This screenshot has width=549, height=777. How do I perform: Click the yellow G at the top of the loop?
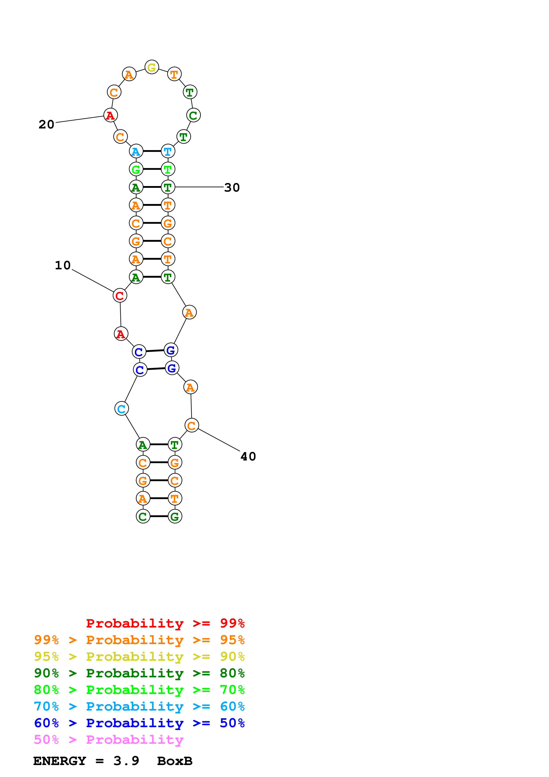(151, 67)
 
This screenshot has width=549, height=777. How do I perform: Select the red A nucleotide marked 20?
(110, 115)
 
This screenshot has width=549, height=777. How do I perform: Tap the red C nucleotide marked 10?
(120, 295)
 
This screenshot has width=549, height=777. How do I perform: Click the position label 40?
(248, 456)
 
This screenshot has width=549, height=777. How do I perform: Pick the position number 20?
(46, 124)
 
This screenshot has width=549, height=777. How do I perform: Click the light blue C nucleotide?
(121, 409)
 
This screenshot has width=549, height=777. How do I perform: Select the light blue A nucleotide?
(136, 151)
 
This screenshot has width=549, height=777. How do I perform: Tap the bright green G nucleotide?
(136, 169)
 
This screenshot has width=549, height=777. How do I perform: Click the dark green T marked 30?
(168, 187)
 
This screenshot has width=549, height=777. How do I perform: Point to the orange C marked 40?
(192, 425)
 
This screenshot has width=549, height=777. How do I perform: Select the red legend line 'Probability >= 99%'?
(165, 623)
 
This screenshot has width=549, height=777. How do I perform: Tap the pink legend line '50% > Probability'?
(109, 740)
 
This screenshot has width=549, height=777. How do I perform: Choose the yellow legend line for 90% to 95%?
(139, 657)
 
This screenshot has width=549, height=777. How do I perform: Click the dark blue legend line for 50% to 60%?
(139, 723)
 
